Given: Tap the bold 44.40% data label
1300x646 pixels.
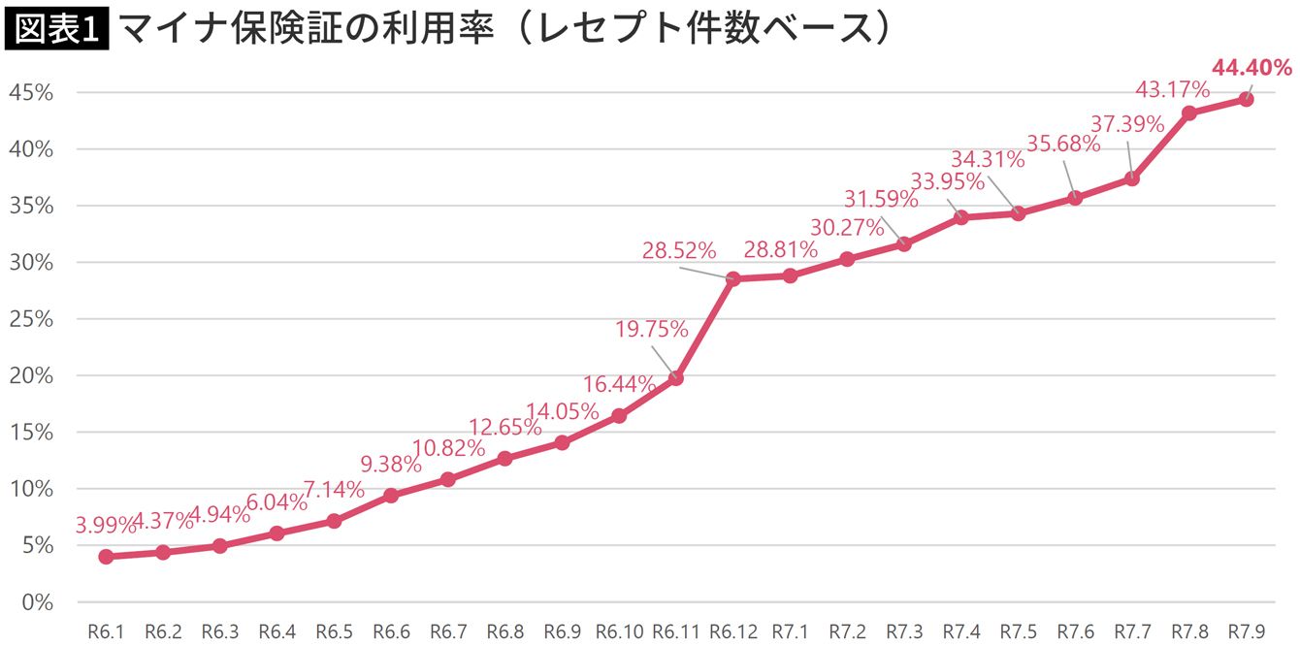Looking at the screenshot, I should [x=1251, y=67].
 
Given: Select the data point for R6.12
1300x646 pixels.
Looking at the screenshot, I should [x=732, y=278].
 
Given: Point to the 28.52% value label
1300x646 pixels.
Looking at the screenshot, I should [x=678, y=250].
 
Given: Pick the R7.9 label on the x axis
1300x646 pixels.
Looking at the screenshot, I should [x=1246, y=631].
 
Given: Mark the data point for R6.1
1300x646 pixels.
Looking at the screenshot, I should [x=106, y=557].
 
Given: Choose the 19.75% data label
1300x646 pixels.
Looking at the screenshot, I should [x=651, y=329].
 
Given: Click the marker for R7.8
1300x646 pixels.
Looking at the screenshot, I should [x=1188, y=113].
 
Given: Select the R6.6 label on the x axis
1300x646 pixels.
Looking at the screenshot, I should [x=391, y=631].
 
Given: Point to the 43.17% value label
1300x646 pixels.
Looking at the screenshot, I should [x=1172, y=90].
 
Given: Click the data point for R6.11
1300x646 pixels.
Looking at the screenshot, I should [x=676, y=378].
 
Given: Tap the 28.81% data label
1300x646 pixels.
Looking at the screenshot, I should [x=780, y=250].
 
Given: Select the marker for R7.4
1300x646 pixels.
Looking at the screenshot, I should [x=960, y=217].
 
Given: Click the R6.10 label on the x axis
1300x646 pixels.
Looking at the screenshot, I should [x=619, y=631].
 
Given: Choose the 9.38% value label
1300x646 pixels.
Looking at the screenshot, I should [x=385, y=465].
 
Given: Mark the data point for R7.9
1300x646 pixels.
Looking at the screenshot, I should [x=1246, y=99].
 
